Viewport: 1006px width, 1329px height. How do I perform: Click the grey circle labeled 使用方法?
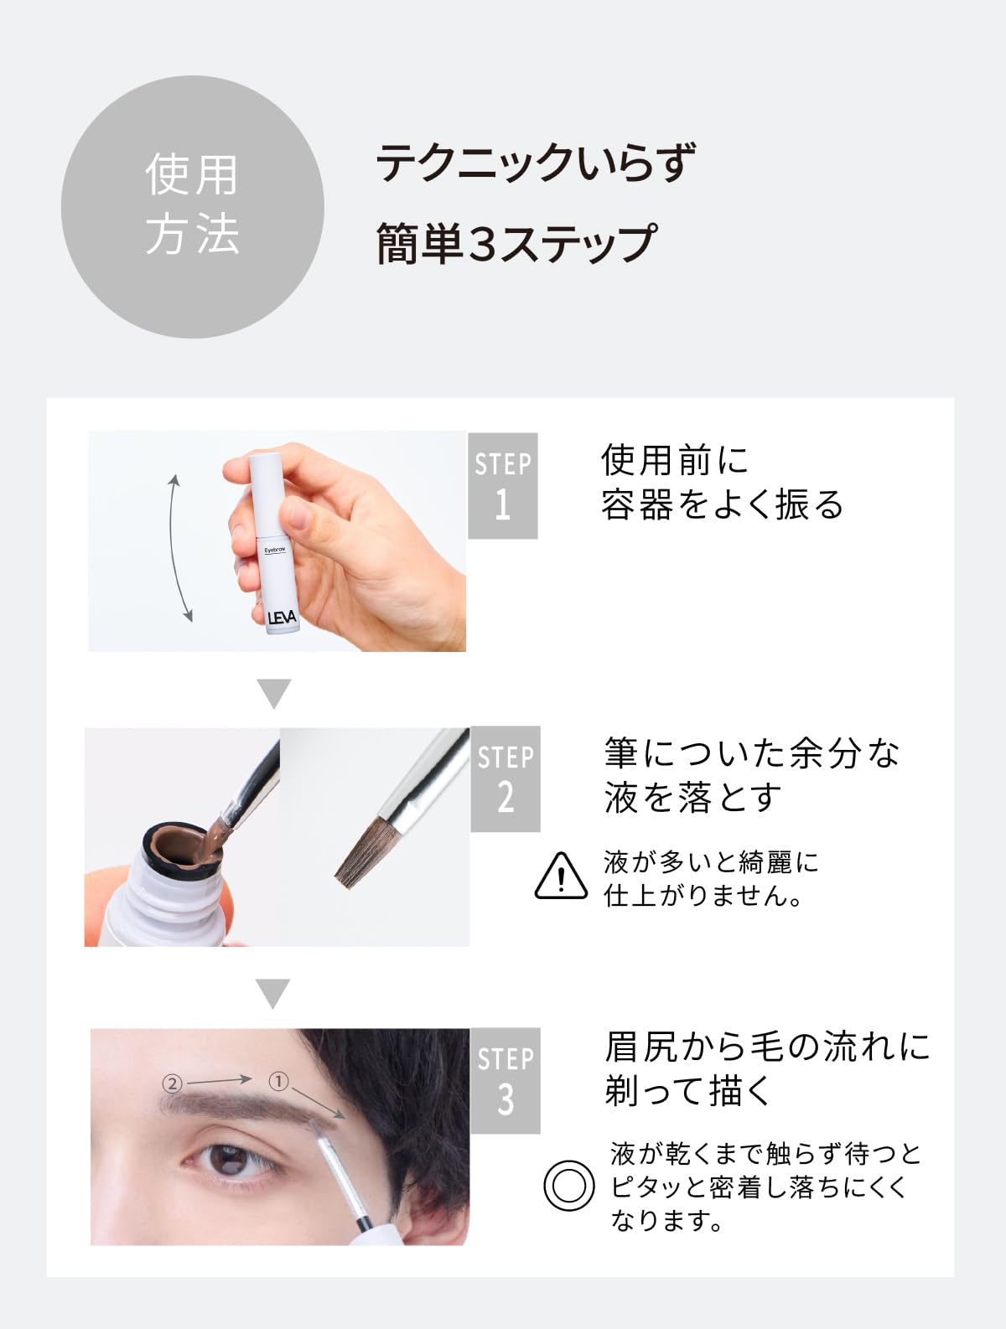[x=193, y=206]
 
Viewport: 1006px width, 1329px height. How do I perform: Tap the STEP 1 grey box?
[x=503, y=485]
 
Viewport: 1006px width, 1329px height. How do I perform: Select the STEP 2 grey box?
[x=506, y=778]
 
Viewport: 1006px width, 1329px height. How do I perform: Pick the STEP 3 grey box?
[x=506, y=1080]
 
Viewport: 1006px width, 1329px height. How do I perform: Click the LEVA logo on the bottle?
[x=282, y=618]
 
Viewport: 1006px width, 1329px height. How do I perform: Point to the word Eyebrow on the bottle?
[x=275, y=550]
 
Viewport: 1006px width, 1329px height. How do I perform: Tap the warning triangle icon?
[x=561, y=876]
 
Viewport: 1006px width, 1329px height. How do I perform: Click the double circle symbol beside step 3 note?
[x=568, y=1186]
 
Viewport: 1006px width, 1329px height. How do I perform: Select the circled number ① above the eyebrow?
[x=278, y=1081]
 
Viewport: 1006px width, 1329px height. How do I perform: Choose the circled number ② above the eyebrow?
[x=173, y=1083]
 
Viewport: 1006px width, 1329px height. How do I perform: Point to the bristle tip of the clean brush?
[x=345, y=882]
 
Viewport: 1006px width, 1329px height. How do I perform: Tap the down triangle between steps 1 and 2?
[x=274, y=693]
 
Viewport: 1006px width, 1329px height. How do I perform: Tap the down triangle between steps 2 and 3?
[x=273, y=994]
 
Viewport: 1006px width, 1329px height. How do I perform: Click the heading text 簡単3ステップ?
[x=516, y=243]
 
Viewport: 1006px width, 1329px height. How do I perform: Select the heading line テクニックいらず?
[x=536, y=162]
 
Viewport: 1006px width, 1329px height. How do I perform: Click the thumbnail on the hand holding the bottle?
[x=298, y=511]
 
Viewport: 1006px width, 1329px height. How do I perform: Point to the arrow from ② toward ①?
[x=219, y=1080]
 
